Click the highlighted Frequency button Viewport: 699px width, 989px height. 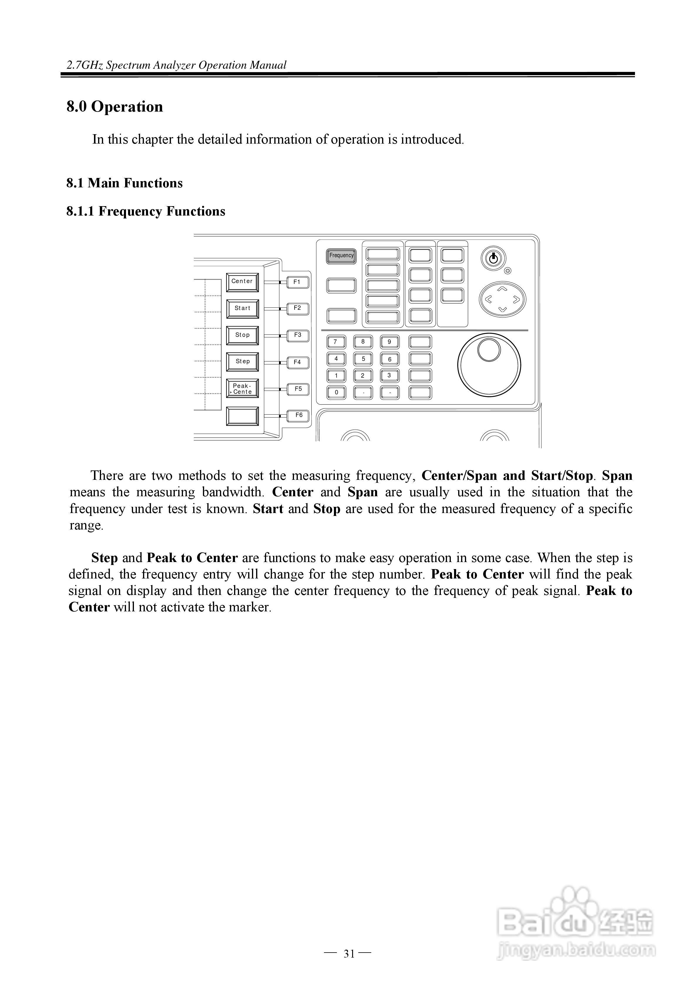[x=341, y=255]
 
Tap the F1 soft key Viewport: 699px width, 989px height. [x=297, y=282]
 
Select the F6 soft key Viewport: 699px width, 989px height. [x=298, y=415]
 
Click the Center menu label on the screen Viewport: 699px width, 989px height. [x=242, y=282]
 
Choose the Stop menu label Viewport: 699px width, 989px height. [x=242, y=335]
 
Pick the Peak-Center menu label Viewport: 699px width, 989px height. [x=242, y=388]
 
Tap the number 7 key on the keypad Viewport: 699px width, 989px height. [x=336, y=342]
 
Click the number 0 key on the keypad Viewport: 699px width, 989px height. [x=336, y=392]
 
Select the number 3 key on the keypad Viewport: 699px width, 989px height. [x=389, y=376]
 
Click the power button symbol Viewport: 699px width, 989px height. [x=493, y=258]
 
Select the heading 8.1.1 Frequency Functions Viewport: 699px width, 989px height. [x=146, y=211]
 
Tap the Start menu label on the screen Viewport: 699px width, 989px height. [x=242, y=308]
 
